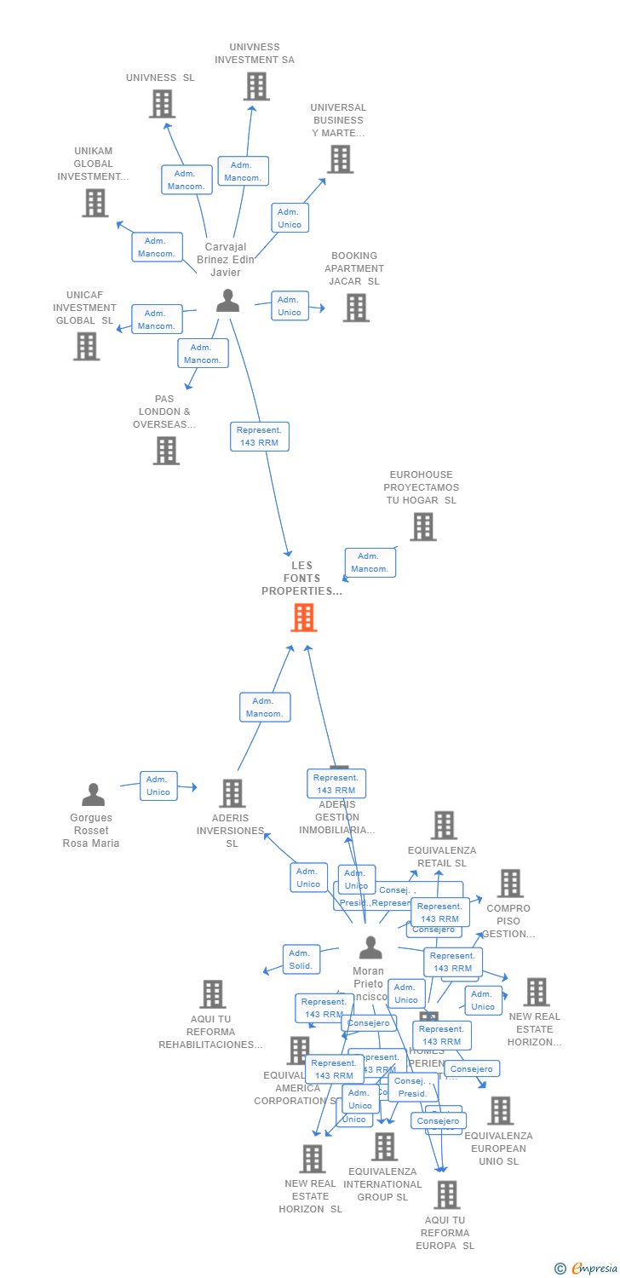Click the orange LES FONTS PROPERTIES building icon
pos(303,617)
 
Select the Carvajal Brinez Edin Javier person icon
pos(227,301)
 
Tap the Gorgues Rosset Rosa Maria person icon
pos(93,794)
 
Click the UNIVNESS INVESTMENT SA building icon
pos(256,86)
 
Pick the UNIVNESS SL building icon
pos(162,103)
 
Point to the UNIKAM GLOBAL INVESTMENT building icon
pos(95,203)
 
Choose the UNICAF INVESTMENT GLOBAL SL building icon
pos(86,346)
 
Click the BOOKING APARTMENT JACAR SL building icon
pos(356,308)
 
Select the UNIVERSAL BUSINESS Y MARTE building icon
pos(340,158)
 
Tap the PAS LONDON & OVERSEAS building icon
pos(166,450)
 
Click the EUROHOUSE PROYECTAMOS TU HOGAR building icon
pos(422,527)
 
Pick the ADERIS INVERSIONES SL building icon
pos(232,793)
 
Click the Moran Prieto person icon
pos(370,947)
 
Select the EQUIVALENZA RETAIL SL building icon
pos(443,825)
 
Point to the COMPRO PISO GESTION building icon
pos(510,884)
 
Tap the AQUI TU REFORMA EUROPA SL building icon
pos(446,1195)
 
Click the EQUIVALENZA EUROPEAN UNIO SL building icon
pos(500,1110)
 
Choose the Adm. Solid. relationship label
pos(301,959)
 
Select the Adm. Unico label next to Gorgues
pos(158,786)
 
